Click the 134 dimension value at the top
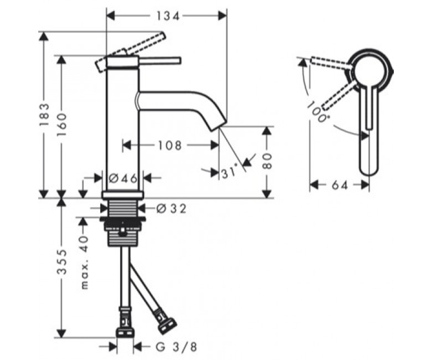click(x=168, y=16)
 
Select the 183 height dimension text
click(x=44, y=115)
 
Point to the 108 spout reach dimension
click(x=169, y=145)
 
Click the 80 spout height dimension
click(x=267, y=161)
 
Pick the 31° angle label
click(x=229, y=172)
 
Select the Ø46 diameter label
click(x=123, y=178)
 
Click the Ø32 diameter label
click(x=171, y=208)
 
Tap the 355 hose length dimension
click(x=62, y=262)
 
